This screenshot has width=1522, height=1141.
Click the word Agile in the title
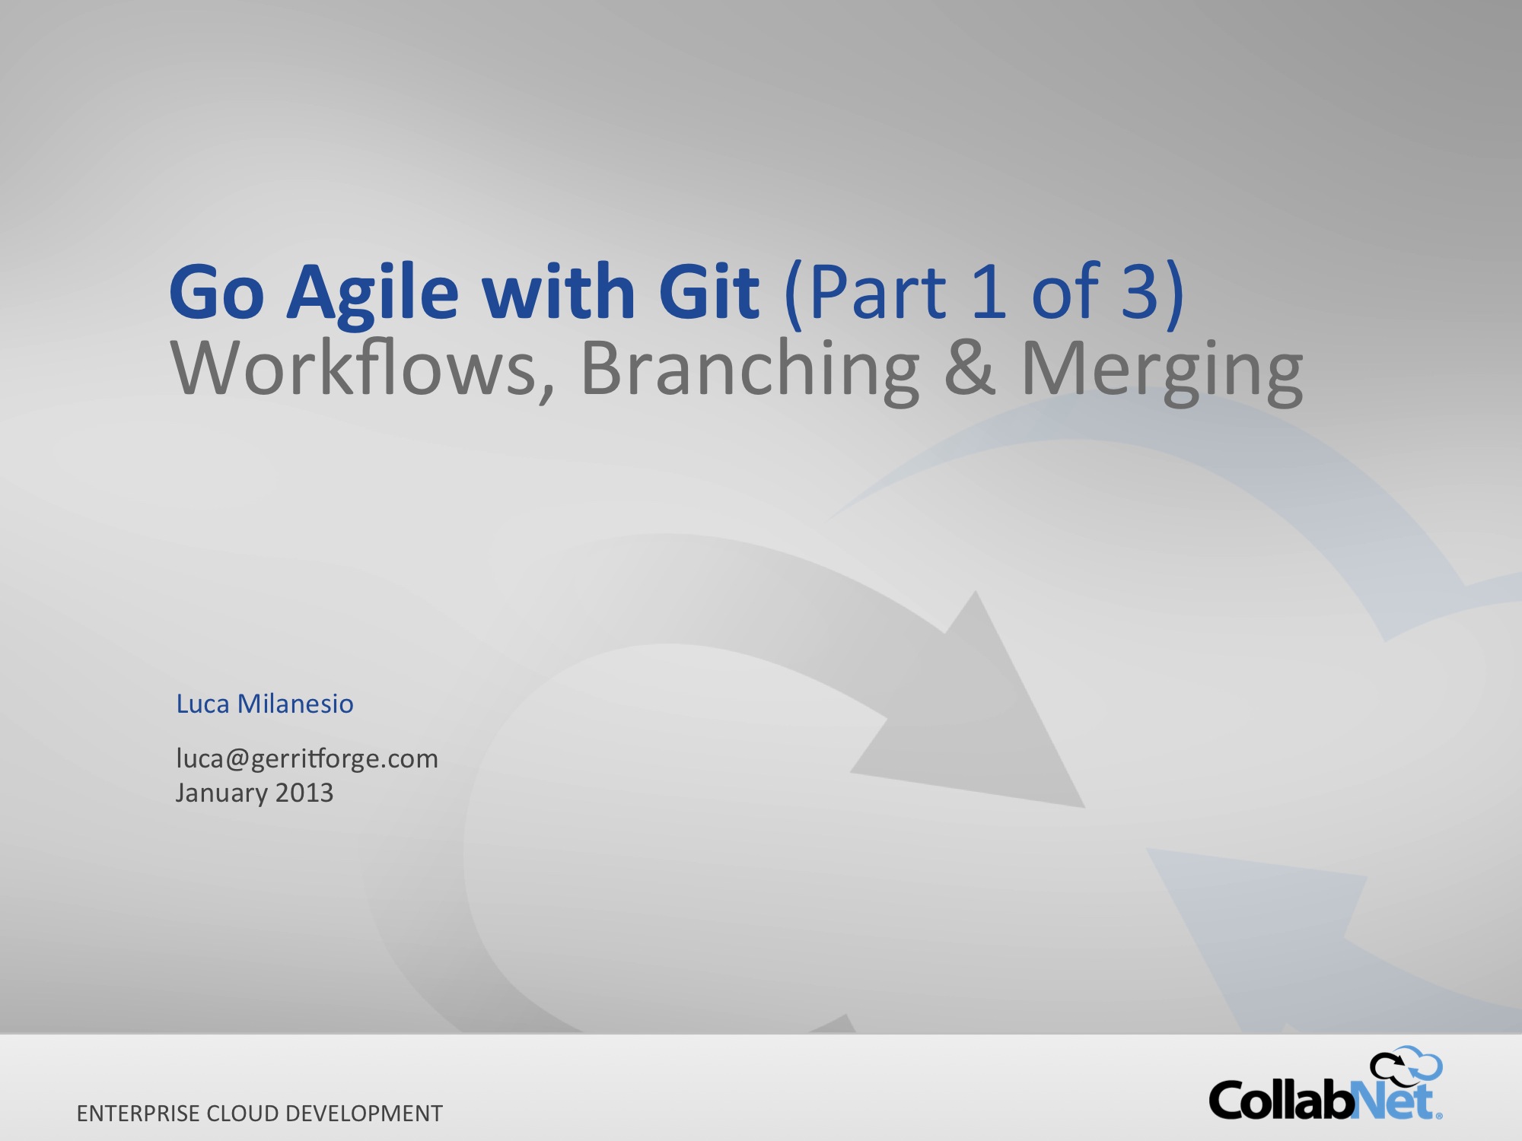[x=373, y=295]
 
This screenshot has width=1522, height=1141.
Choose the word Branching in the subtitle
[x=750, y=373]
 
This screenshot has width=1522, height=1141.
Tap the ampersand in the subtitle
[x=970, y=368]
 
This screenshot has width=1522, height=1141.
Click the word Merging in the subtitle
[x=1162, y=373]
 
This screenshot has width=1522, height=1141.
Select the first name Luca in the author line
[x=202, y=704]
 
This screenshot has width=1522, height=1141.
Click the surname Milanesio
[x=295, y=704]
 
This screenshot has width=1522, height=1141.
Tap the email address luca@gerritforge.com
[x=307, y=759]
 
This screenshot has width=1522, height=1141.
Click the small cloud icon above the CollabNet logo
[x=1406, y=1064]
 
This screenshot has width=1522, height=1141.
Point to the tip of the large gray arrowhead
[x=1084, y=807]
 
